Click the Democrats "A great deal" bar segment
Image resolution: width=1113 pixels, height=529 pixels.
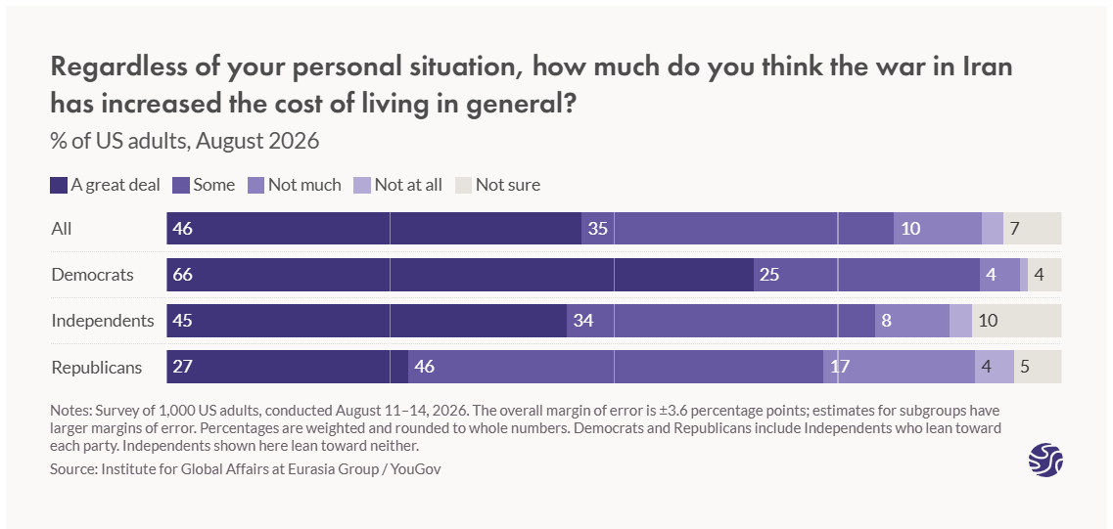[x=460, y=275]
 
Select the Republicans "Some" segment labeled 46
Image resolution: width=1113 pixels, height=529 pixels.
[x=616, y=367]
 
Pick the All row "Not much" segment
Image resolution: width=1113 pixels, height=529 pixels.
[x=938, y=229]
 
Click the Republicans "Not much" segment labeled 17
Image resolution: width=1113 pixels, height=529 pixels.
[x=899, y=367]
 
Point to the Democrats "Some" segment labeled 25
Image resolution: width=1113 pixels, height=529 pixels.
[x=866, y=275]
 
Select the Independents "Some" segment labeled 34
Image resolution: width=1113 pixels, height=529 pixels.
[x=720, y=321]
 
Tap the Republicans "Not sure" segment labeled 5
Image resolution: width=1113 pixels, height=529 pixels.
[x=1038, y=367]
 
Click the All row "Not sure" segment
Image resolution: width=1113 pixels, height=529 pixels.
[x=1032, y=229]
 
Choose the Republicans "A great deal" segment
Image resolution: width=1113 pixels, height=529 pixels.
[x=288, y=367]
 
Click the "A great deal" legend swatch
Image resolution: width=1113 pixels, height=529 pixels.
[x=58, y=185]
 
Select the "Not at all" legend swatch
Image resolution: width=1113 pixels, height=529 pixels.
[x=362, y=185]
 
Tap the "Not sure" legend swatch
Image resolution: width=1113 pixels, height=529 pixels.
[x=463, y=185]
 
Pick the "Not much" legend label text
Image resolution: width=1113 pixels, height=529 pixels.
[x=304, y=185]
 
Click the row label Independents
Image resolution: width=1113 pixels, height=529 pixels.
[x=103, y=321]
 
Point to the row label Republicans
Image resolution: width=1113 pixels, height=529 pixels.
[x=97, y=368]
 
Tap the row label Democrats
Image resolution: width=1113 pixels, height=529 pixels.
[x=92, y=275]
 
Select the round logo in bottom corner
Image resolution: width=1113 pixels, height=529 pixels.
[x=1045, y=460]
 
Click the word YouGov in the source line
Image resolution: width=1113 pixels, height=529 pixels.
[x=416, y=469]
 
